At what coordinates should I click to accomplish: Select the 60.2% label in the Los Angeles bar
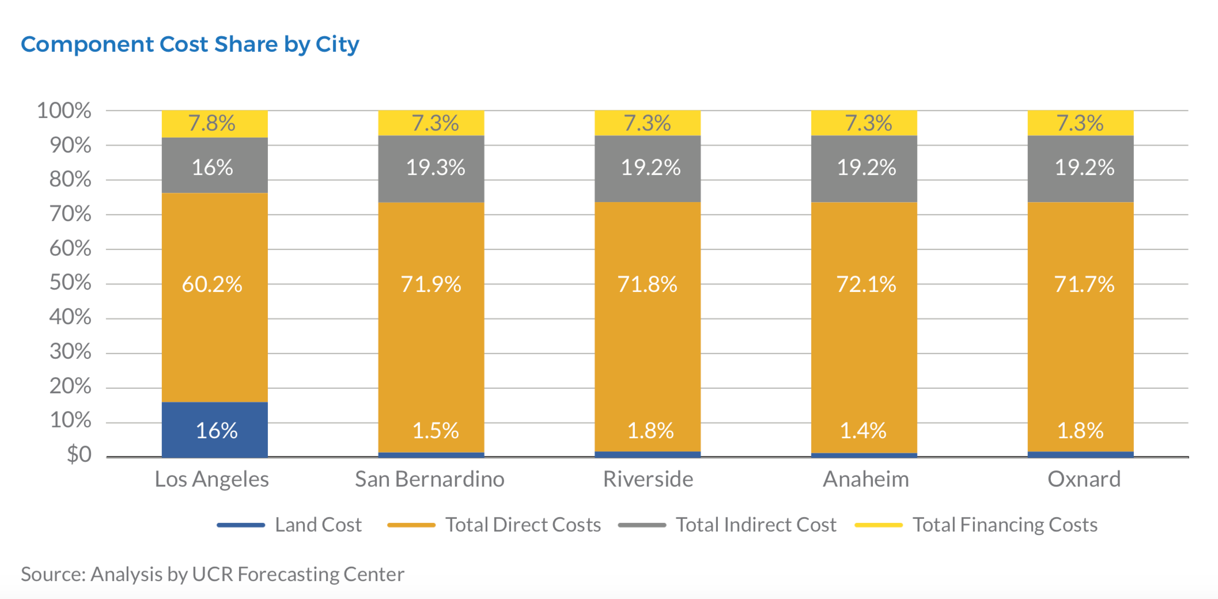point(212,284)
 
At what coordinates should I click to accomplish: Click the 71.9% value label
point(431,284)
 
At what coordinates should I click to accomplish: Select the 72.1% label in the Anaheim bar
point(866,284)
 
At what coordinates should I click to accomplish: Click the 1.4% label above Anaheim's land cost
point(863,430)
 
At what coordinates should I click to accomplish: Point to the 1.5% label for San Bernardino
point(436,430)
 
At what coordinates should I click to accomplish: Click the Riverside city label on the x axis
point(648,479)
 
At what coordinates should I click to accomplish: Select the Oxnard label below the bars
point(1084,479)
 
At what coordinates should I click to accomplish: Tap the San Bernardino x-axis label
point(430,479)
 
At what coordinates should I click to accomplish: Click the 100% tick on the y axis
point(64,111)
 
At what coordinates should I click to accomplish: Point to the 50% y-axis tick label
point(70,283)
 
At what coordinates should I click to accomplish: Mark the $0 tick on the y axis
point(79,454)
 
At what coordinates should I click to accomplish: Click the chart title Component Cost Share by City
point(190,44)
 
